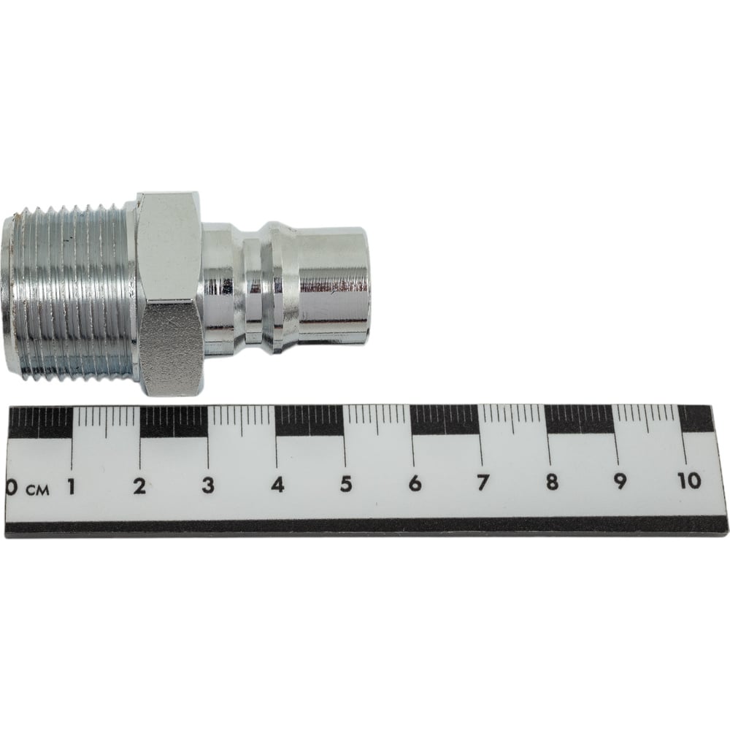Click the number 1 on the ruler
pos(72,487)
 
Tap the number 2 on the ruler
pos(139,486)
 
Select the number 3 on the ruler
pos(207,485)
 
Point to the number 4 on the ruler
pos(277,485)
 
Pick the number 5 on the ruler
pos(345,484)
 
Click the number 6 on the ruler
pos(415,483)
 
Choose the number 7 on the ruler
pos(483,483)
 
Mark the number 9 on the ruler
pos(620,481)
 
